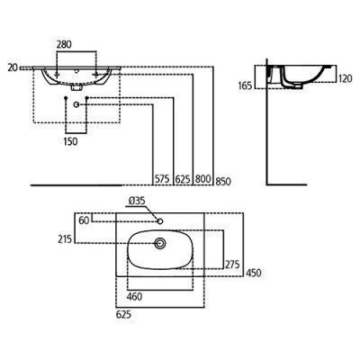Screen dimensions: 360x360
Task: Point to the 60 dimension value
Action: (84, 219)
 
